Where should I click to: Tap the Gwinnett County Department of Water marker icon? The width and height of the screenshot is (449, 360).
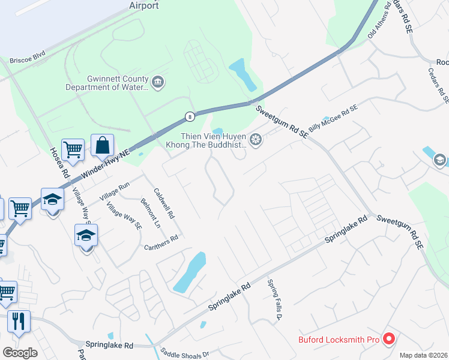pyautogui.click(x=158, y=82)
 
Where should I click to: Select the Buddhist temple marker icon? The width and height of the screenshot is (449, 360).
pyautogui.click(x=256, y=140)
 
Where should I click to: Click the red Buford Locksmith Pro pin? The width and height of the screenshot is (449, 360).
pyautogui.click(x=388, y=339)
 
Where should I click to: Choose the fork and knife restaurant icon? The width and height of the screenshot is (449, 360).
pyautogui.click(x=18, y=321)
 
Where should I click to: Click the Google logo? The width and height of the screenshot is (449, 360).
pyautogui.click(x=20, y=353)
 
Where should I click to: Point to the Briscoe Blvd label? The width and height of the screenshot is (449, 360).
pyautogui.click(x=28, y=60)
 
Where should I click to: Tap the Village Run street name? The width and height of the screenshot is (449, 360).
pyautogui.click(x=115, y=190)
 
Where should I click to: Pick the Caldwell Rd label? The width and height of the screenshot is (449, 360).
pyautogui.click(x=164, y=203)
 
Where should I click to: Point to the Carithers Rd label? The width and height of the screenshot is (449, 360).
pyautogui.click(x=161, y=242)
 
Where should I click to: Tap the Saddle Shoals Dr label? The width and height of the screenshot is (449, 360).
pyautogui.click(x=182, y=353)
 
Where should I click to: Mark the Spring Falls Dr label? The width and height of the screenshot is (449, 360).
pyautogui.click(x=274, y=300)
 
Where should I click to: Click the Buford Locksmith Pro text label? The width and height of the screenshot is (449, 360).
pyautogui.click(x=339, y=340)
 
